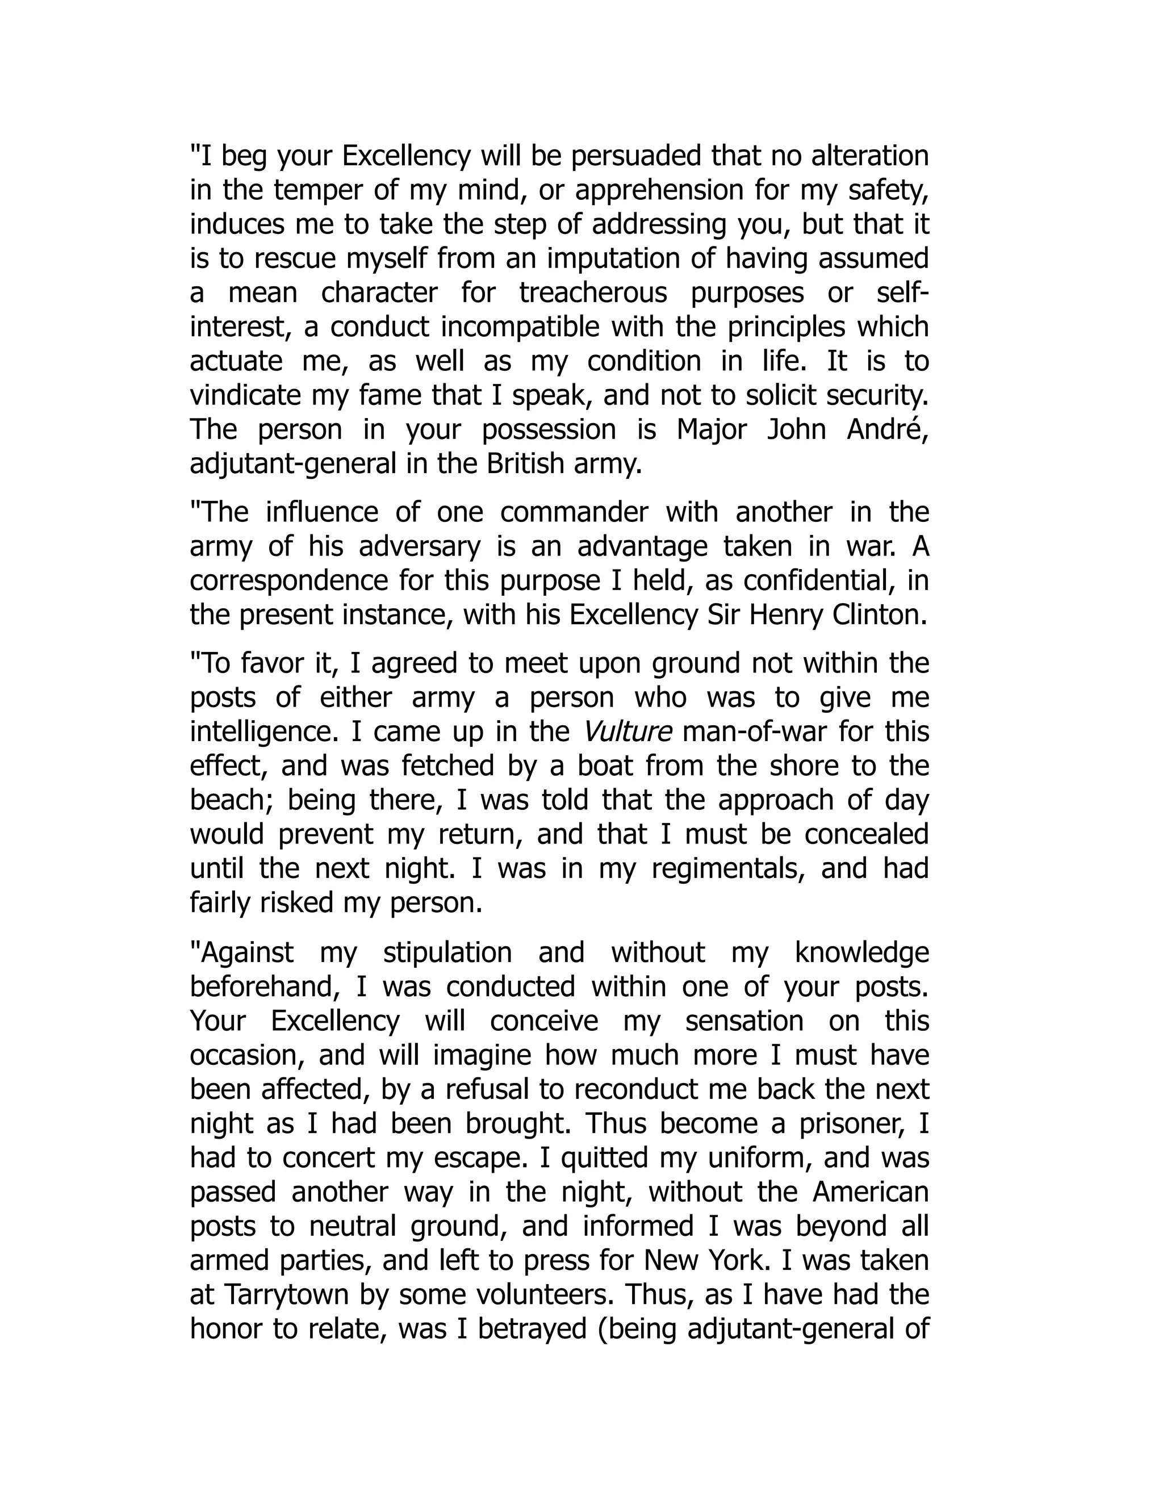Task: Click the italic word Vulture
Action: [x=627, y=732]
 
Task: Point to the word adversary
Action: [x=420, y=546]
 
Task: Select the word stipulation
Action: [x=447, y=952]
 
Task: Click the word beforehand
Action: [x=265, y=987]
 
